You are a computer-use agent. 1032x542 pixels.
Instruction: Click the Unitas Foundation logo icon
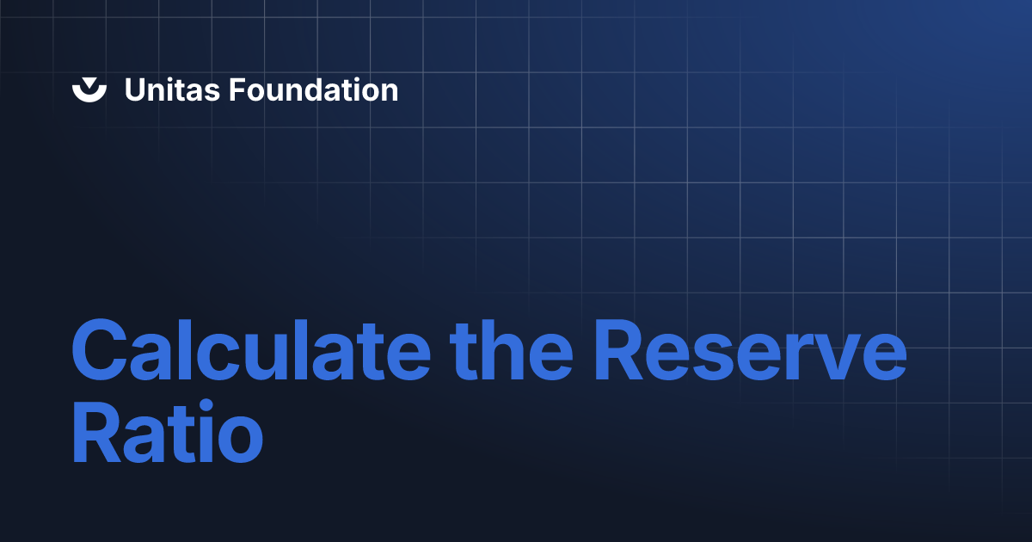[x=89, y=89]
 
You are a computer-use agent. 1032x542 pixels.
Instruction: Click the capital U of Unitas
[x=135, y=89]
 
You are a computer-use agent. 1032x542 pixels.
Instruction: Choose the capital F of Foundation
[x=235, y=89]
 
